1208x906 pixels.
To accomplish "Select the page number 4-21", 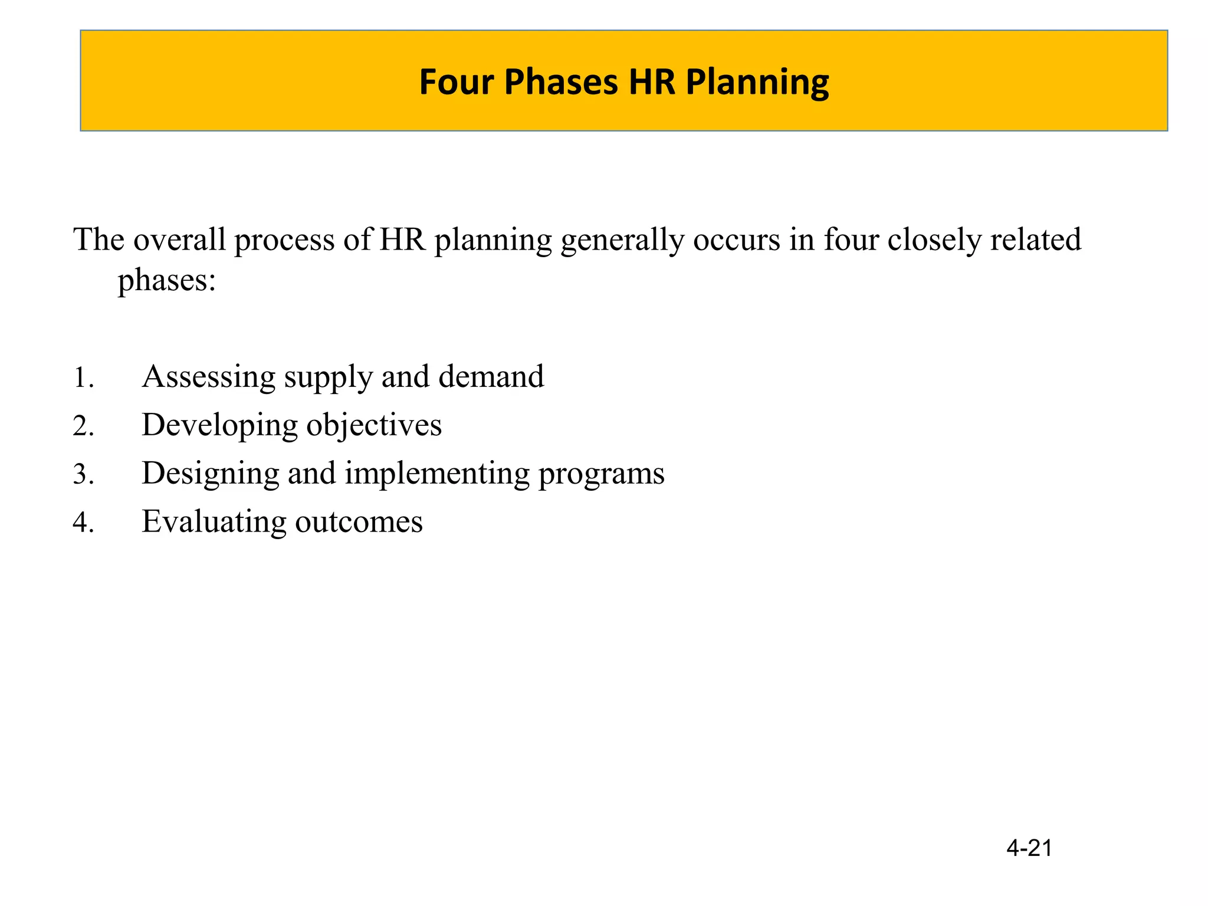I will pos(1029,848).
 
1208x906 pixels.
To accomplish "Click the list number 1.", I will pos(82,377).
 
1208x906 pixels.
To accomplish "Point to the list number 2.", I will pos(83,426).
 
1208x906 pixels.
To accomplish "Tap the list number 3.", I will pos(83,474).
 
